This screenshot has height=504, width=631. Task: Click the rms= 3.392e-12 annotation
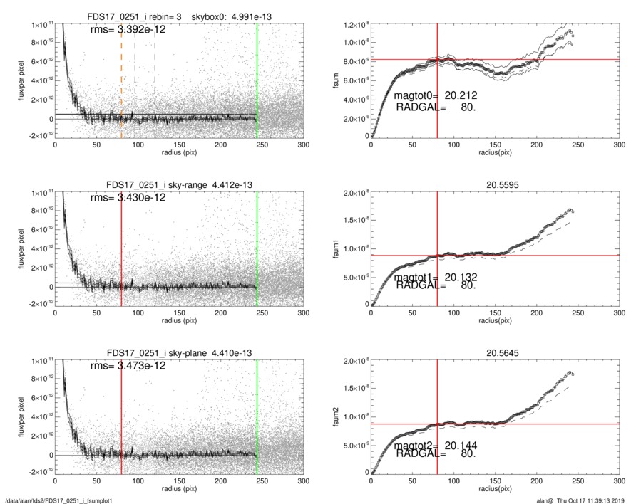(133, 30)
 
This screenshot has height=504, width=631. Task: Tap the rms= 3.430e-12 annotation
(133, 198)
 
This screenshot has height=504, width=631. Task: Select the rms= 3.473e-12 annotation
(133, 366)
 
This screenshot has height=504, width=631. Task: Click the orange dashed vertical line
(121, 78)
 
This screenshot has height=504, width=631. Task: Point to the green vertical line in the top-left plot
(257, 78)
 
